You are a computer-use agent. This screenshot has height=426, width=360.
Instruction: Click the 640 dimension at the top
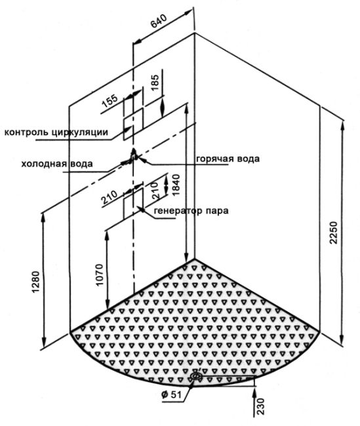pyautogui.click(x=159, y=21)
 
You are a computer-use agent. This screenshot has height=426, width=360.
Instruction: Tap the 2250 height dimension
pyautogui.click(x=333, y=233)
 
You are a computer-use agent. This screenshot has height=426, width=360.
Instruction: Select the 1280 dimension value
pyautogui.click(x=36, y=282)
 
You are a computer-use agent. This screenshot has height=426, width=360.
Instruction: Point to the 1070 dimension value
pyautogui.click(x=100, y=275)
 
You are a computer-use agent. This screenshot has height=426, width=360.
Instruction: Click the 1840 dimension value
pyautogui.click(x=176, y=185)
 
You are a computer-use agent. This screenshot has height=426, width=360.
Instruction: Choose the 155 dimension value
pyautogui.click(x=110, y=101)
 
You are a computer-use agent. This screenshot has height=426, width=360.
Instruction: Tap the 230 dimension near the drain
pyautogui.click(x=260, y=406)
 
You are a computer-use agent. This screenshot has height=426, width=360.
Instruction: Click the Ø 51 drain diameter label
pyautogui.click(x=171, y=395)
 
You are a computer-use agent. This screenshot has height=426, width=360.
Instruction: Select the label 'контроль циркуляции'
pyautogui.click(x=56, y=132)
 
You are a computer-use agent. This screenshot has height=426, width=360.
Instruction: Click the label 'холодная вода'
pyautogui.click(x=57, y=164)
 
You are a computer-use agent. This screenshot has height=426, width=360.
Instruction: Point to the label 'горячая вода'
pyautogui.click(x=228, y=159)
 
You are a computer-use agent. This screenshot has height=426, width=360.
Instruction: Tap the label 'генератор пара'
pyautogui.click(x=191, y=210)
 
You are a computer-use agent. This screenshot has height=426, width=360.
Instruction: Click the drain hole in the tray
pyautogui.click(x=196, y=376)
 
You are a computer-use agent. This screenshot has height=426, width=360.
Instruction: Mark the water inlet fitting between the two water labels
pyautogui.click(x=133, y=157)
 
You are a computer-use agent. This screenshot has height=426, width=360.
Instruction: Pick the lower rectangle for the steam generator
pyautogui.click(x=133, y=204)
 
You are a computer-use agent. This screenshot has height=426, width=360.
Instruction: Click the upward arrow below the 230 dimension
pyautogui.click(x=255, y=402)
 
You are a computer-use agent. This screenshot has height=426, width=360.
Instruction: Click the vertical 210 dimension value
pyautogui.click(x=155, y=191)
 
